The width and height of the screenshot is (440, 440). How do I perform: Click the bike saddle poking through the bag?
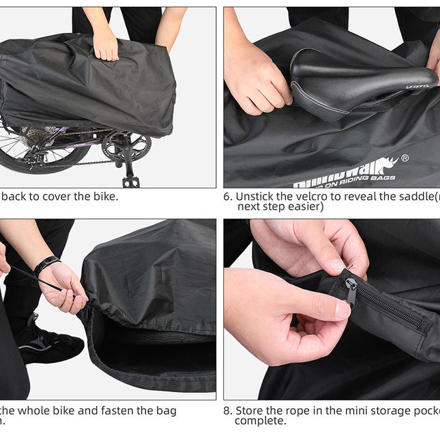coord(355,78)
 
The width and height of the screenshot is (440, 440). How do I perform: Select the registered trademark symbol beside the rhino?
coord(405,158)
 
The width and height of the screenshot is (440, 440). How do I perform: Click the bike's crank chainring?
coord(126,145)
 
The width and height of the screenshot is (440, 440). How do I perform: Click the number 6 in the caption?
coord(228,196)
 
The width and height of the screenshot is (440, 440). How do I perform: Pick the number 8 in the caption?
coord(228,411)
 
